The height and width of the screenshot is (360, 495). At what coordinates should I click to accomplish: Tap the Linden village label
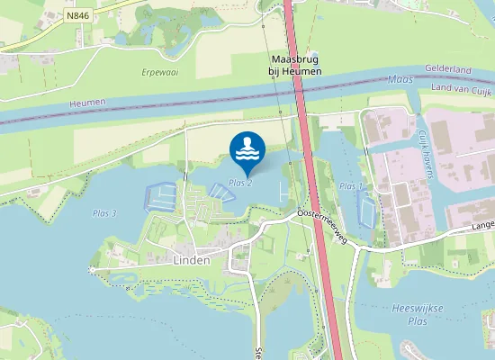pos(189,259)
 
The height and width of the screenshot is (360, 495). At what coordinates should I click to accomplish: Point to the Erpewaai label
pos(159,70)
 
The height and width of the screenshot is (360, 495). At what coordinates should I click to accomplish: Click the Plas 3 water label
pos(104,213)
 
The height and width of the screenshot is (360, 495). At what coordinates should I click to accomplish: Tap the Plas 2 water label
pos(239,183)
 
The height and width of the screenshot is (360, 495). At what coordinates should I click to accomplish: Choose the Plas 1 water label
pos(351,186)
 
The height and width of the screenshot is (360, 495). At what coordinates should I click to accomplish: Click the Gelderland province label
pos(457,70)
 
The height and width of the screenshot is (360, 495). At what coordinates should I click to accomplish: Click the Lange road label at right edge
pos(482,226)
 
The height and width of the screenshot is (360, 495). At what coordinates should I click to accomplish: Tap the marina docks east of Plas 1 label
pos(366,210)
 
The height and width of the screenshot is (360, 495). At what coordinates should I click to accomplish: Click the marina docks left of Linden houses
pos(160,195)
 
